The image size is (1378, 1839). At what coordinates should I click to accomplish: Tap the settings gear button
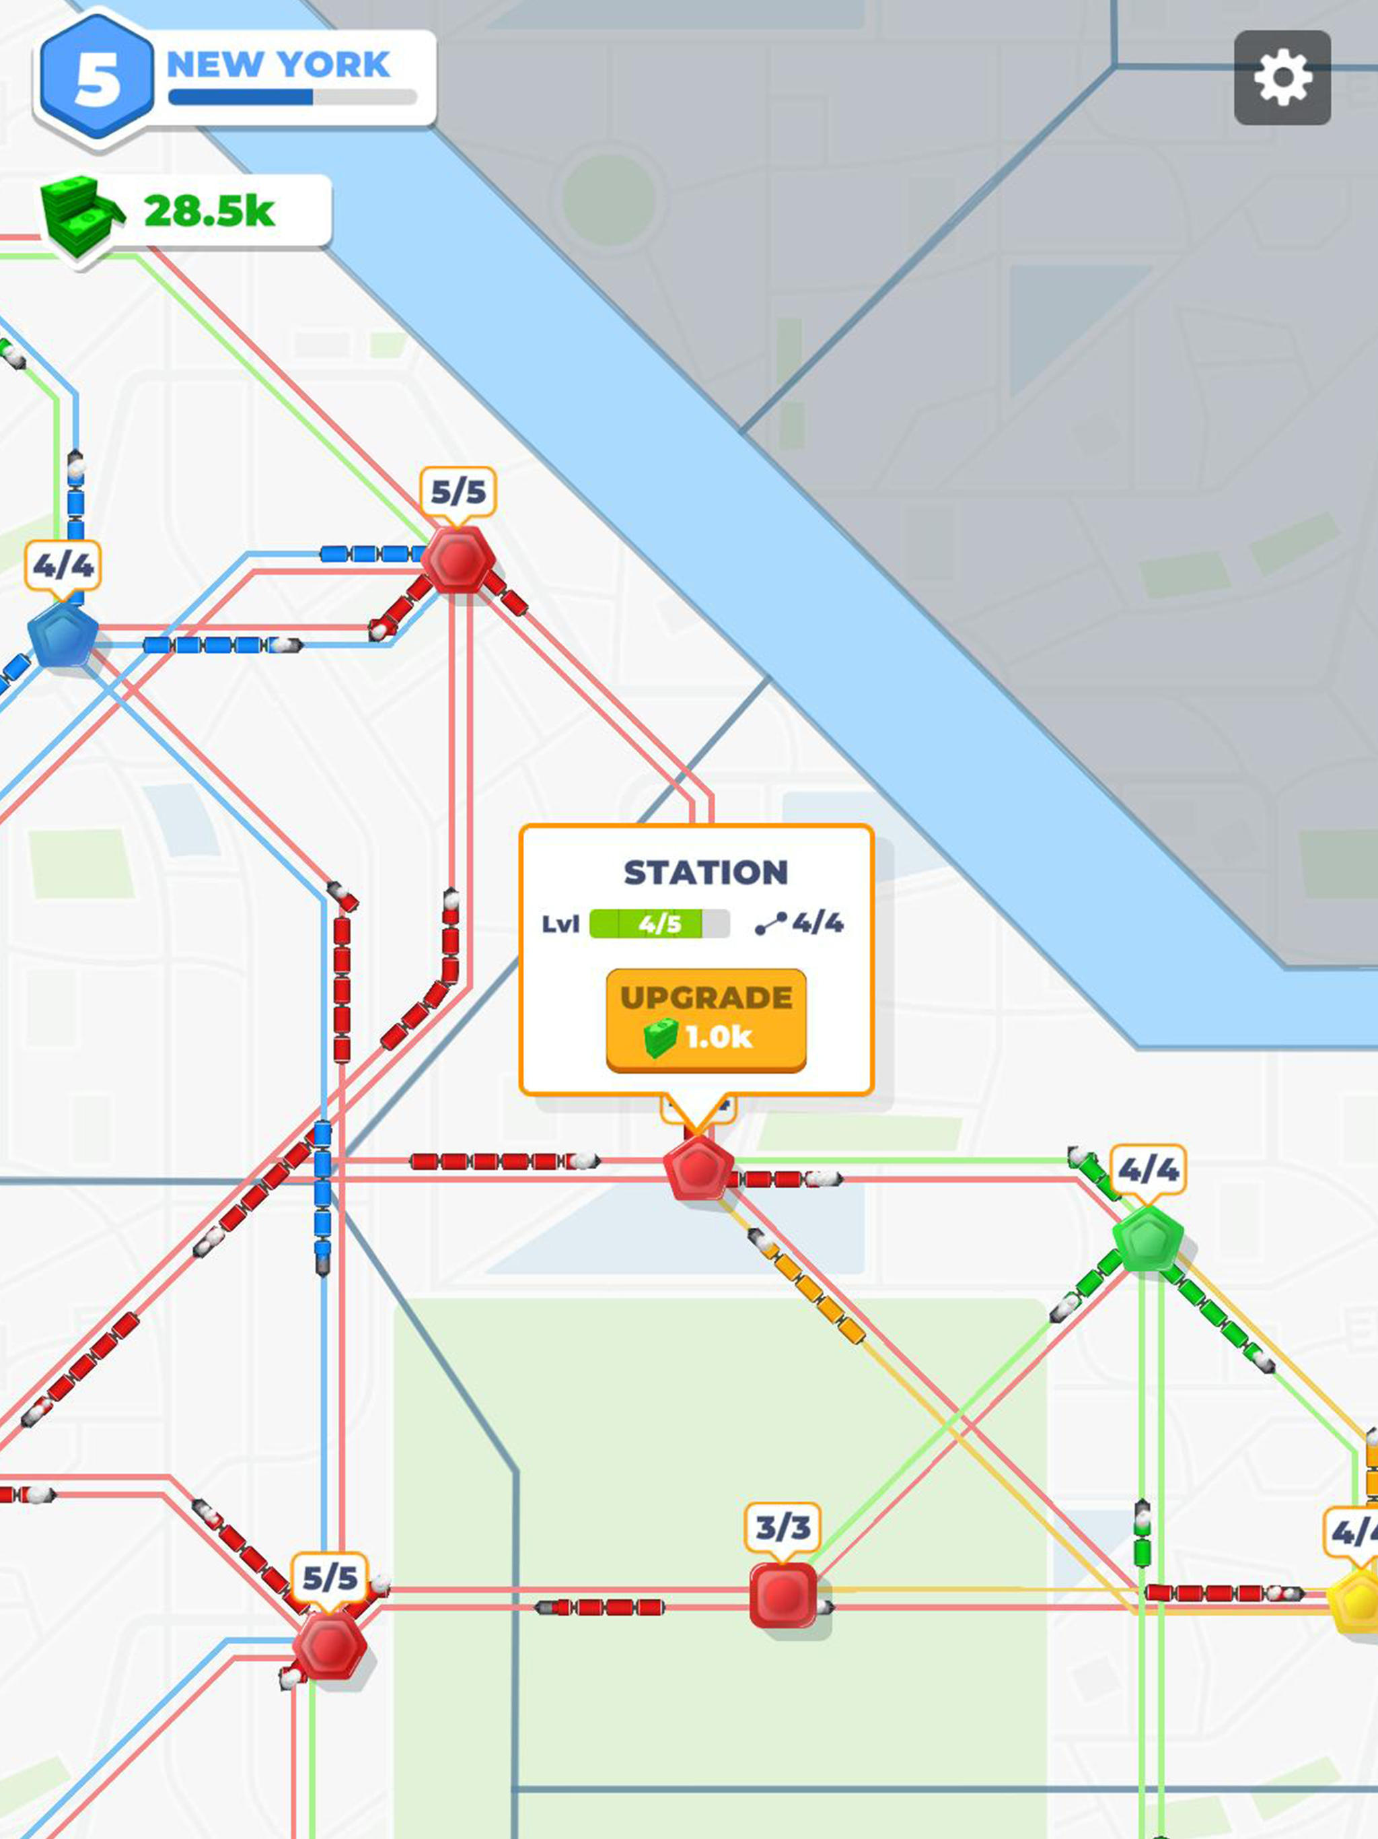(x=1282, y=78)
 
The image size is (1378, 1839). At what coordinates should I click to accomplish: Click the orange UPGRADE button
(x=706, y=1019)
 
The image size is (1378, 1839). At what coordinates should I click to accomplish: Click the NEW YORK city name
(x=279, y=65)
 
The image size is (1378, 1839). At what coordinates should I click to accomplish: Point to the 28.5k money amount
(x=209, y=211)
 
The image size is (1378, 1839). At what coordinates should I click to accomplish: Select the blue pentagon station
(x=63, y=635)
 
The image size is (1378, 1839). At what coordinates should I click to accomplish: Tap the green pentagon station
(x=1148, y=1238)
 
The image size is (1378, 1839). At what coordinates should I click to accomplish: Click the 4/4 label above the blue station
(x=63, y=566)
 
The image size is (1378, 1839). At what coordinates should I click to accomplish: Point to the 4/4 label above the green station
(x=1148, y=1170)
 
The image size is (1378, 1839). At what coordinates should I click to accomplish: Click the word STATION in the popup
(x=706, y=872)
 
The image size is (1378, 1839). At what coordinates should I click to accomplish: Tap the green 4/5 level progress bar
(x=659, y=924)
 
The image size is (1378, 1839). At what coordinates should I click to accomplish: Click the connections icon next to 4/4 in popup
(x=770, y=924)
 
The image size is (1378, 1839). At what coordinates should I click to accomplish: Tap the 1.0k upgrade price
(x=718, y=1037)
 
